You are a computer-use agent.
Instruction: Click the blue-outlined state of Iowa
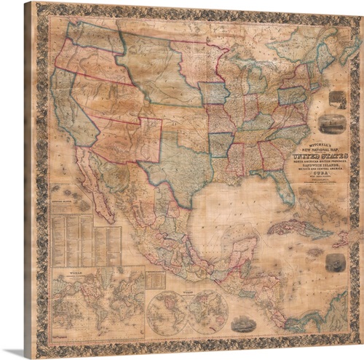point(212,93)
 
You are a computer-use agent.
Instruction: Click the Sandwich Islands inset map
point(70,204)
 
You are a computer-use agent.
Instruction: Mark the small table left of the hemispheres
point(154,279)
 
